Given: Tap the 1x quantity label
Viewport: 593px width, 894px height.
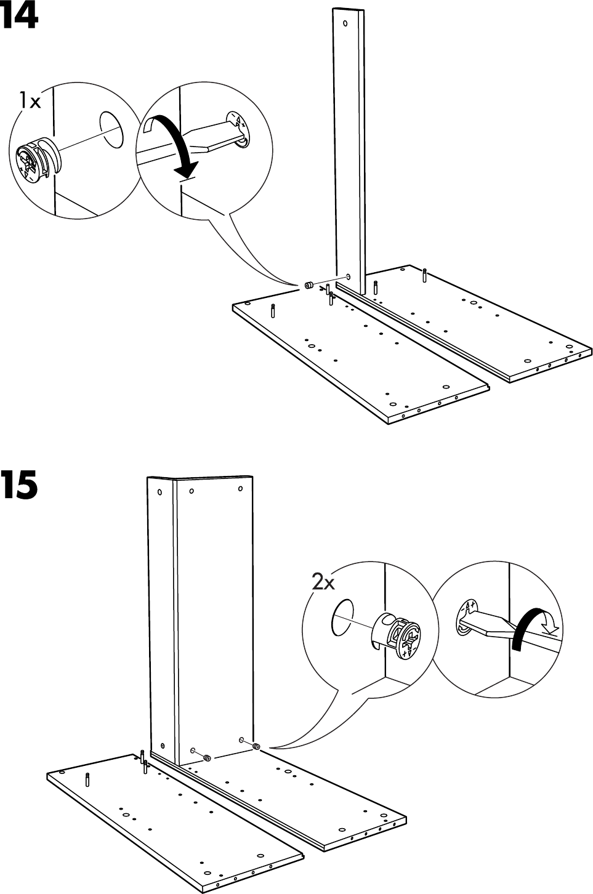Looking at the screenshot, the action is point(30,100).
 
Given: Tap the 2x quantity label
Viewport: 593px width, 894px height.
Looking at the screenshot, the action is point(323,581).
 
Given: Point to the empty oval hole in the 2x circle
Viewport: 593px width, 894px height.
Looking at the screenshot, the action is point(343,616).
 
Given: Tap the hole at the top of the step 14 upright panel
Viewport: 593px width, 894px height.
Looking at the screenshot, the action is point(345,24).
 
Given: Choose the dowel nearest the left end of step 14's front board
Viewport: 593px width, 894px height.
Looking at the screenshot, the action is point(273,310).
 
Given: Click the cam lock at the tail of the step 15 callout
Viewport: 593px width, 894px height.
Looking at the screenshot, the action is point(256,747).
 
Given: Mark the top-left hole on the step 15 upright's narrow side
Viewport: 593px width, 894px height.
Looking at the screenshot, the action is point(160,493).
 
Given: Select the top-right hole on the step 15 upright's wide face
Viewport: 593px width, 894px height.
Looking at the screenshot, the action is point(240,489).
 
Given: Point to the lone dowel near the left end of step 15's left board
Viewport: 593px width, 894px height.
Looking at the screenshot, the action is point(87,779).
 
